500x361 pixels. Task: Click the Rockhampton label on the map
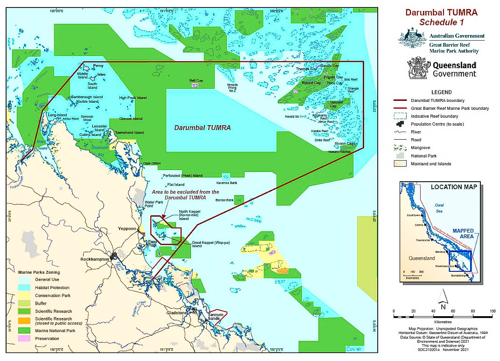point(94,259)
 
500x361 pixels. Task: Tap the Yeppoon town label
point(127,229)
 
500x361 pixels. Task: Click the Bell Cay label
point(196,80)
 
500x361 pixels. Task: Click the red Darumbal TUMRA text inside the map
point(202,127)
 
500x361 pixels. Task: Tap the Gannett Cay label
point(337,104)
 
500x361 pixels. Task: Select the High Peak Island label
point(133,98)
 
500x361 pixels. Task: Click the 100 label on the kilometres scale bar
point(492,311)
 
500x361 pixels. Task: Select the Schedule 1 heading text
point(441,22)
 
